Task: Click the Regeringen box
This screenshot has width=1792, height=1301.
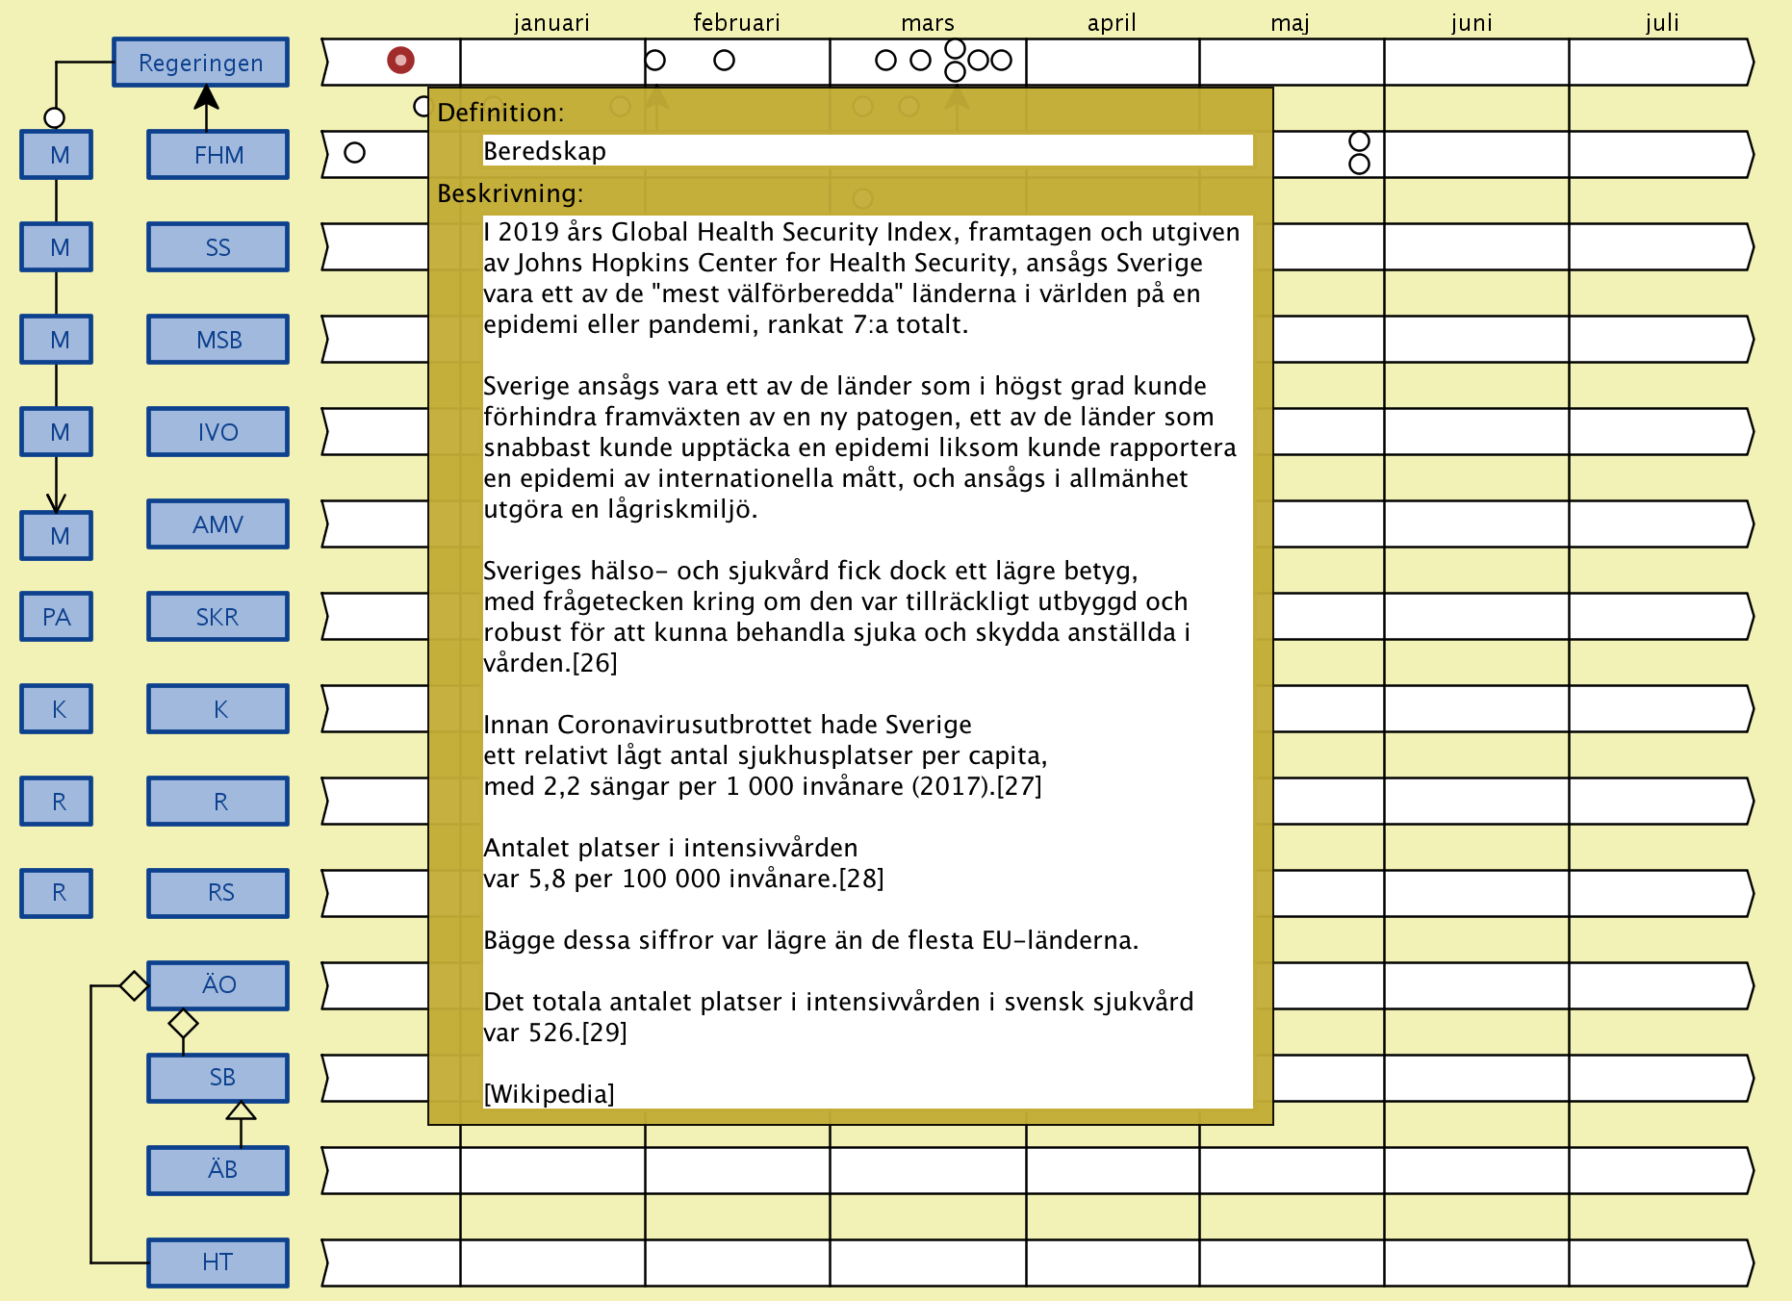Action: (200, 63)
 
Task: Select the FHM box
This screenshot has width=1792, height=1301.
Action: (218, 155)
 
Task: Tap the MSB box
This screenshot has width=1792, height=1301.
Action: (218, 340)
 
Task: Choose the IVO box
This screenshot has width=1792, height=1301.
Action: (218, 432)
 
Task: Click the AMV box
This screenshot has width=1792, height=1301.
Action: (218, 524)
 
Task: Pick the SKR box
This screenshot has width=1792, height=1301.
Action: (218, 617)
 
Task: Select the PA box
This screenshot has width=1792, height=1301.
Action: (57, 617)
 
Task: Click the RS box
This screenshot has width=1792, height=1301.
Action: (218, 893)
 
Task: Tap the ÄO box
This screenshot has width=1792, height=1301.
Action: (218, 985)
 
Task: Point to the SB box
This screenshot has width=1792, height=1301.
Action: (218, 1078)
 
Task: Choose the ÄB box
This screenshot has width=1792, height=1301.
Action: (218, 1170)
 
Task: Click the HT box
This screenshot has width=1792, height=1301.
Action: (218, 1263)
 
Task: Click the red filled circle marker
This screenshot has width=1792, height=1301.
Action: (400, 61)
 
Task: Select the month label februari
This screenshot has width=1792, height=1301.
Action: (736, 22)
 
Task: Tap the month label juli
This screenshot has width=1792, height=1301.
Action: (1662, 22)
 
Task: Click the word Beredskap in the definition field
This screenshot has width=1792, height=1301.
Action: (545, 151)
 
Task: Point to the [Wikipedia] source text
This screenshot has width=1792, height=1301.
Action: (549, 1094)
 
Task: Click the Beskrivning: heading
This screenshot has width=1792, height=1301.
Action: (510, 193)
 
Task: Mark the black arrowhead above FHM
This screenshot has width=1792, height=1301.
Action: (206, 96)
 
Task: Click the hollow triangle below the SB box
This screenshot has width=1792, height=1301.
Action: (241, 1111)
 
